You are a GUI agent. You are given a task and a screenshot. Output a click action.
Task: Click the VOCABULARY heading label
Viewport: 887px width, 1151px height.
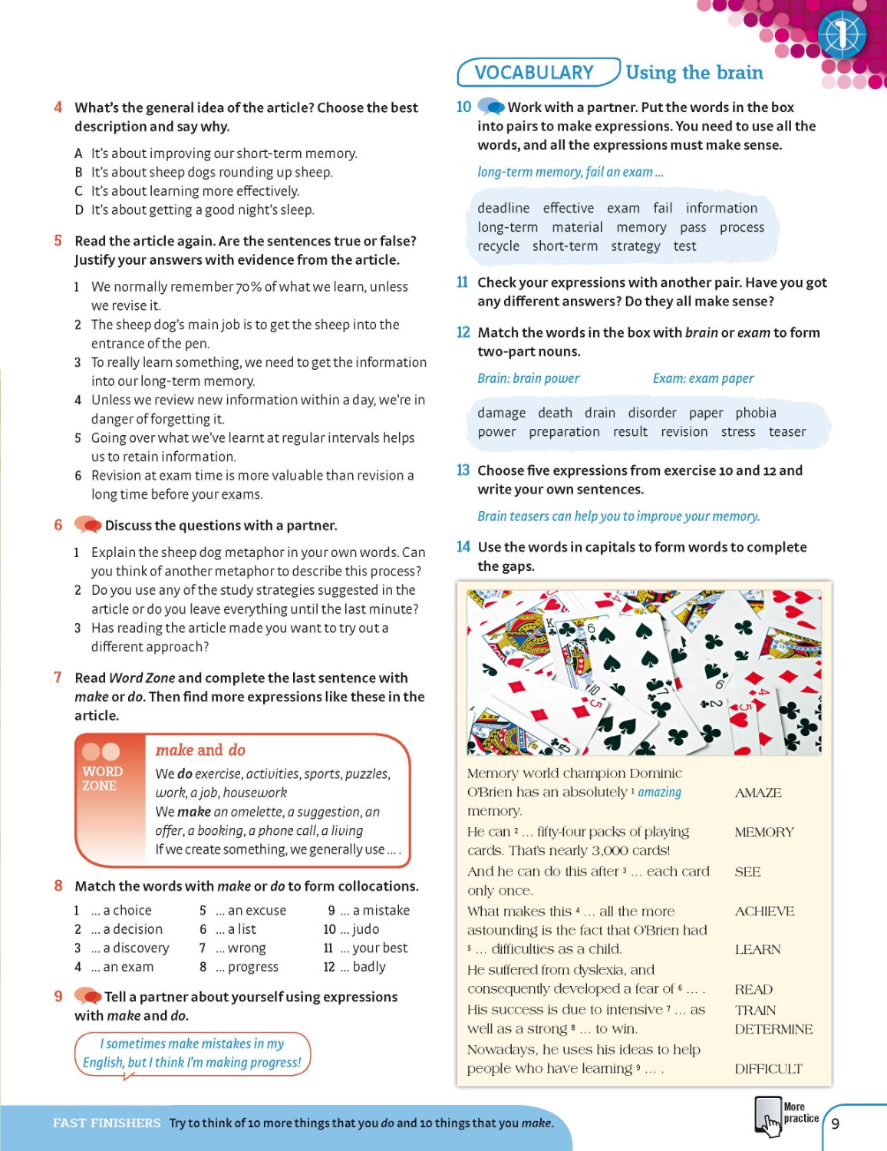point(534,73)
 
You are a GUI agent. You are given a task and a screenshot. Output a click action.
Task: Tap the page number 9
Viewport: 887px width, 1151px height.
point(835,1124)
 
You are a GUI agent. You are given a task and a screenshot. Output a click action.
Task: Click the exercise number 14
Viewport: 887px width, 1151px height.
point(463,547)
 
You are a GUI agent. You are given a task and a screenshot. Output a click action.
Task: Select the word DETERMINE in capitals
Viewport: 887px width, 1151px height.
point(773,1030)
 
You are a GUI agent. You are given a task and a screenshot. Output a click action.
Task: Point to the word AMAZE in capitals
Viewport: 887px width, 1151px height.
point(758,793)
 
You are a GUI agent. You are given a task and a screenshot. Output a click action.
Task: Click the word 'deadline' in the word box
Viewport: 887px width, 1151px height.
point(503,209)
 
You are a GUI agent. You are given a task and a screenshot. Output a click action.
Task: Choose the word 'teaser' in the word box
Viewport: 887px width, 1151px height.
point(787,432)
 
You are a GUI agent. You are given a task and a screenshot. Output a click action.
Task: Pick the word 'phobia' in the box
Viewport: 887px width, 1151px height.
point(756,413)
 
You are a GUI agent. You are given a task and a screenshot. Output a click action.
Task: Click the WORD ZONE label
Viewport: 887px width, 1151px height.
point(102,778)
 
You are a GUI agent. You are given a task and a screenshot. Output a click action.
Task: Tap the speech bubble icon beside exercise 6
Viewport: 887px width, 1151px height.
point(87,526)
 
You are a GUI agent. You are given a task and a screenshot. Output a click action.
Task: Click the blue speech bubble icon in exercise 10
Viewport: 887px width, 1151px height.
point(491,107)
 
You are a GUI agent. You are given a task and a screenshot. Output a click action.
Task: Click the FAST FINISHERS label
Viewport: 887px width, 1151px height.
point(107,1123)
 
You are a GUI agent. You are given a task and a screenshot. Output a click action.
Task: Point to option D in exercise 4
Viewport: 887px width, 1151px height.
point(79,210)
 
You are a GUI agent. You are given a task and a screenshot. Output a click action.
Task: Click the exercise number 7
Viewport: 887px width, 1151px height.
point(58,678)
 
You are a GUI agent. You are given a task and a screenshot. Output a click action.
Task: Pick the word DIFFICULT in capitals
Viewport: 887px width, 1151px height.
point(768,1069)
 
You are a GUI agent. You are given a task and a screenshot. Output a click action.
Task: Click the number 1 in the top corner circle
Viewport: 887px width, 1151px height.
point(841,35)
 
